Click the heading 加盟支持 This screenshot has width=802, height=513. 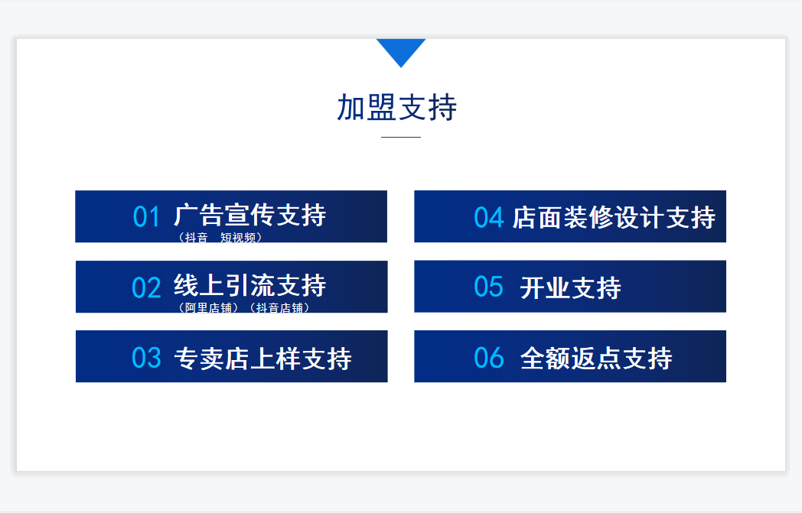[x=397, y=107]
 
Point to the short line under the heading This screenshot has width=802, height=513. [x=401, y=137]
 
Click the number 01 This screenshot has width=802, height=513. [x=146, y=216]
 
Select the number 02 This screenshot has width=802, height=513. [x=146, y=287]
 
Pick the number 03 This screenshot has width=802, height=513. [x=146, y=358]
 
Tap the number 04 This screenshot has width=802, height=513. [x=489, y=218]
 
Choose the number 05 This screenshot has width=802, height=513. [x=489, y=287]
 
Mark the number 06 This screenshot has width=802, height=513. [x=489, y=358]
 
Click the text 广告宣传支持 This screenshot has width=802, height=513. [x=250, y=215]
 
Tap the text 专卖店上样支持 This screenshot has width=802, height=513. [x=263, y=359]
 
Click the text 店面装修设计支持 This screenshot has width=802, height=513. [x=614, y=218]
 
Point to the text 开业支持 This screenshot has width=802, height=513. [x=571, y=288]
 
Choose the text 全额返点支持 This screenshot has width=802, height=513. [x=596, y=358]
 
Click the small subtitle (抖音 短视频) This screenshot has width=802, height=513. [x=220, y=238]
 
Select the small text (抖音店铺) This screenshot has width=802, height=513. [x=280, y=308]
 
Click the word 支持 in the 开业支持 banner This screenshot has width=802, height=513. [x=596, y=288]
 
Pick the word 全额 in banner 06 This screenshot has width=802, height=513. [x=545, y=358]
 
